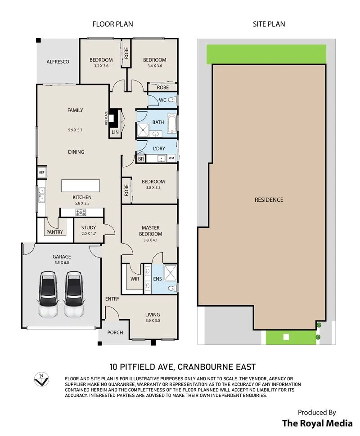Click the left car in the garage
point(48,294)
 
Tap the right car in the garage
point(74,294)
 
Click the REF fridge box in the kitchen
point(42,173)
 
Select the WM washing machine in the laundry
point(171,158)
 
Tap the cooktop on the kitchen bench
point(81,213)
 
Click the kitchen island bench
point(81,186)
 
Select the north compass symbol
point(41,379)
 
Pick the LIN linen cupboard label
point(115,132)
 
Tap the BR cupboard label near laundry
point(141,159)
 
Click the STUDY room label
point(89,227)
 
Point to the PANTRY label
point(54,232)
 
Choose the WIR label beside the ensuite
point(135,279)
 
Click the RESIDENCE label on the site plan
point(269,200)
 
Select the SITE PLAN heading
point(269,24)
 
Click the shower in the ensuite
point(170,273)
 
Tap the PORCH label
point(115,332)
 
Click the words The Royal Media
point(317,423)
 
